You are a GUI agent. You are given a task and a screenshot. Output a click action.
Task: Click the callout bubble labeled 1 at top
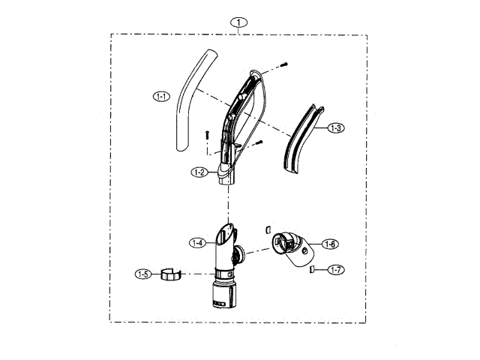(238, 22)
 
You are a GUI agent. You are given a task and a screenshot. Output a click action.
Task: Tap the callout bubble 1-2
(199, 172)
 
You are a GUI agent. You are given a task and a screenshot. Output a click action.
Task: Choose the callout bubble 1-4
(198, 242)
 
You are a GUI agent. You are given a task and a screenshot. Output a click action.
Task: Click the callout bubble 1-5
(143, 274)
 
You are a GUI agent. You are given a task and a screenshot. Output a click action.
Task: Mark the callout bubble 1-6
(330, 244)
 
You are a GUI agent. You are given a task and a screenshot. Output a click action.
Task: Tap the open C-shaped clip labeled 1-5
(172, 274)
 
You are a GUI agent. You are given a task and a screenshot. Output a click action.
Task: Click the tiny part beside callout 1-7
(311, 268)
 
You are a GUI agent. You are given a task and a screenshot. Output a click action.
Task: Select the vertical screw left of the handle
(205, 136)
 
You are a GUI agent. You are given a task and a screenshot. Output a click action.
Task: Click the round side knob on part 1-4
(238, 255)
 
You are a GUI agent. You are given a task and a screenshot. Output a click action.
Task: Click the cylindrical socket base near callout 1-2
(226, 178)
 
